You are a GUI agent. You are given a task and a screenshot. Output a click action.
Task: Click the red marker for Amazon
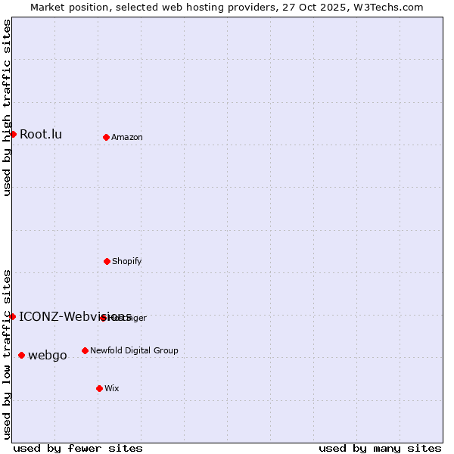pyautogui.click(x=107, y=137)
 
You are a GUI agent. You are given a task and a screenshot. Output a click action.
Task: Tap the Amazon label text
pyautogui.click(x=127, y=138)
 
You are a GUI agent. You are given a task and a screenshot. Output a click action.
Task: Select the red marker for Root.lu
pyautogui.click(x=13, y=134)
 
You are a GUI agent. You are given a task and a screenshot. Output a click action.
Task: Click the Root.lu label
pyautogui.click(x=41, y=135)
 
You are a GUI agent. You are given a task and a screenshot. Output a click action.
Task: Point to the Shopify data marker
pyautogui.click(x=107, y=261)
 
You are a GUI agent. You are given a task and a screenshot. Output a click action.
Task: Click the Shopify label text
pyautogui.click(x=127, y=262)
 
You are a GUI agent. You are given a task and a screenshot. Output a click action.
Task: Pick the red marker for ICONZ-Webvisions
pyautogui.click(x=13, y=316)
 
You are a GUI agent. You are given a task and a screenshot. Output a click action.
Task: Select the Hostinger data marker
pyautogui.click(x=103, y=318)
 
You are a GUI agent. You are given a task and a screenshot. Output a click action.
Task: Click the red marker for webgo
pyautogui.click(x=21, y=355)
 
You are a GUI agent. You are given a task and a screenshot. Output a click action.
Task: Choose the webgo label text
pyautogui.click(x=48, y=356)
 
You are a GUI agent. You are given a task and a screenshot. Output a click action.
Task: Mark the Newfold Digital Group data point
pyautogui.click(x=85, y=350)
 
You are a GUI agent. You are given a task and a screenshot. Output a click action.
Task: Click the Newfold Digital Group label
pyautogui.click(x=134, y=351)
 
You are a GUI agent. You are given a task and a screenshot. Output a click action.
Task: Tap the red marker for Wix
pyautogui.click(x=99, y=388)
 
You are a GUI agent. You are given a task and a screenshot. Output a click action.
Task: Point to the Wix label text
pyautogui.click(x=112, y=389)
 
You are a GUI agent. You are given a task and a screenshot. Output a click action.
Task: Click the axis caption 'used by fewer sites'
pyautogui.click(x=78, y=448)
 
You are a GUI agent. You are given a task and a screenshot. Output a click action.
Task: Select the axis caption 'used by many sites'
pyautogui.click(x=380, y=448)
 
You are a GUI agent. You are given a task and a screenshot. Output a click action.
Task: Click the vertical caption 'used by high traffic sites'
pyautogui.click(x=7, y=108)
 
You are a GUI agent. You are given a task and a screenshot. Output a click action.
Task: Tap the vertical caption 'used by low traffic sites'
pyautogui.click(x=7, y=354)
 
